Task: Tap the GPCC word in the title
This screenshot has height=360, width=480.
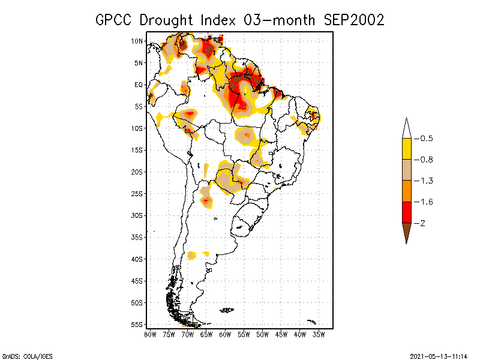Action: (114, 20)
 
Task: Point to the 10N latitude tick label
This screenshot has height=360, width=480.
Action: (137, 41)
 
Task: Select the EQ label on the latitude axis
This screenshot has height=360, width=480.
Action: (138, 85)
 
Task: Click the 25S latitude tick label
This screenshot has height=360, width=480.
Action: (137, 193)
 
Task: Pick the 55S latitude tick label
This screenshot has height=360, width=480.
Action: (137, 324)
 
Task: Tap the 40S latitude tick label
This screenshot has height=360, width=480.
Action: (137, 259)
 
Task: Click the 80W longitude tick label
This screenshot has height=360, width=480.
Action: (150, 334)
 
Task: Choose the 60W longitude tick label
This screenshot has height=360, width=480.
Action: (225, 334)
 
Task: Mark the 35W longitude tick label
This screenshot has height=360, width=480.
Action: (319, 334)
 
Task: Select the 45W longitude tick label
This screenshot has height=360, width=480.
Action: (281, 334)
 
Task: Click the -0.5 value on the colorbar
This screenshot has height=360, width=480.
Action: (426, 139)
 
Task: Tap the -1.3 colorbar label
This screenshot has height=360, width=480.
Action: (426, 181)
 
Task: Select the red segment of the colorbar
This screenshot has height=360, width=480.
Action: (406, 212)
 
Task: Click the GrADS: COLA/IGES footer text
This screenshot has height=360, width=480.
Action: (20, 355)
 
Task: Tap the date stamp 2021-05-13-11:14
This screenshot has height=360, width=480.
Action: (438, 355)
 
